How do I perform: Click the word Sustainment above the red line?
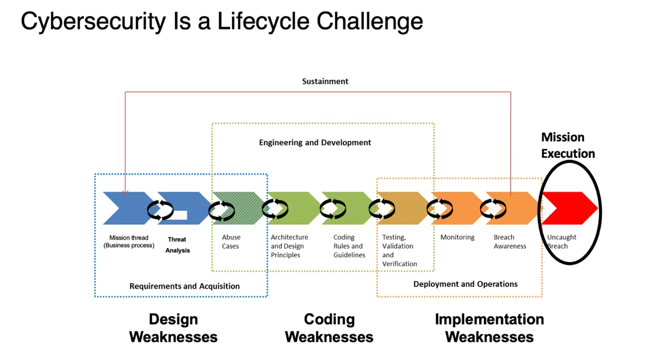tap(325, 82)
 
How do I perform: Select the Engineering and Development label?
tap(315, 142)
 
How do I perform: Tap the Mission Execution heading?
tap(568, 145)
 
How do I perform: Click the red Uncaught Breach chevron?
tap(570, 208)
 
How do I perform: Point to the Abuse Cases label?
tap(231, 242)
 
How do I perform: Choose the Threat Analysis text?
tap(177, 244)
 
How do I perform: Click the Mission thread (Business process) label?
tap(129, 241)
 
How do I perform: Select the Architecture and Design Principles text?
tap(289, 246)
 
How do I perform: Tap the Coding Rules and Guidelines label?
tap(349, 246)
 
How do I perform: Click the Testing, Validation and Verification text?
tap(399, 250)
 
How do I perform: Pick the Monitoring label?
tap(457, 237)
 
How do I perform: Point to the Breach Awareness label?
tap(509, 241)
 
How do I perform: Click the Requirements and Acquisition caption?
tap(184, 286)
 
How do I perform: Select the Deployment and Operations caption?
tap(465, 284)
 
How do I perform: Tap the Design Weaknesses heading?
tap(173, 328)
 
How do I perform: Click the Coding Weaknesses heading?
tap(329, 328)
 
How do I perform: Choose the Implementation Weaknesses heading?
tap(489, 328)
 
